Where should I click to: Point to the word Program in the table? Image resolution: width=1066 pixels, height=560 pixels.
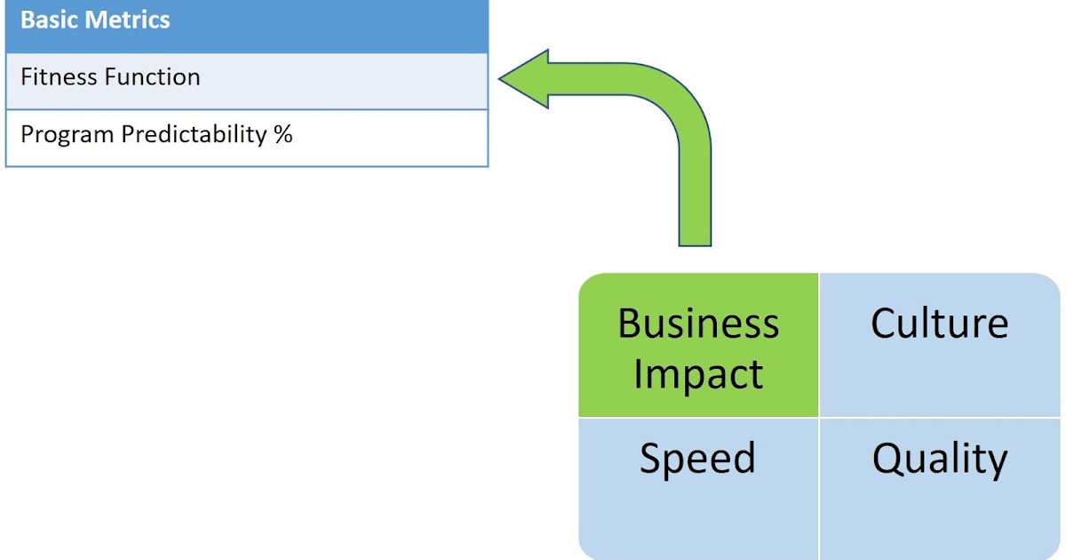(x=67, y=135)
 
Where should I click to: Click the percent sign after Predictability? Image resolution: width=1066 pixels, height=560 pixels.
(x=283, y=135)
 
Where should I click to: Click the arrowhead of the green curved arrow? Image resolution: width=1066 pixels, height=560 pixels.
(x=524, y=80)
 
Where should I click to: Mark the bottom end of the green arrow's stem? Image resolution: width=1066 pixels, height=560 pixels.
(x=695, y=242)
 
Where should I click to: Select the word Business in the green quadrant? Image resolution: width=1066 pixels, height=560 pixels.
(x=698, y=324)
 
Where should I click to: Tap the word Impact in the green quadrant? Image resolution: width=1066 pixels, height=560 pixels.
(x=698, y=374)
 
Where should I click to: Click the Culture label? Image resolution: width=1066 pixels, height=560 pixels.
(x=939, y=324)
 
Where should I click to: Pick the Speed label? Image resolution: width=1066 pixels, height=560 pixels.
(x=698, y=459)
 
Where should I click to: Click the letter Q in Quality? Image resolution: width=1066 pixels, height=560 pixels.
(x=889, y=460)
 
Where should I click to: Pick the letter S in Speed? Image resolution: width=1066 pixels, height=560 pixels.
(x=653, y=459)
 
